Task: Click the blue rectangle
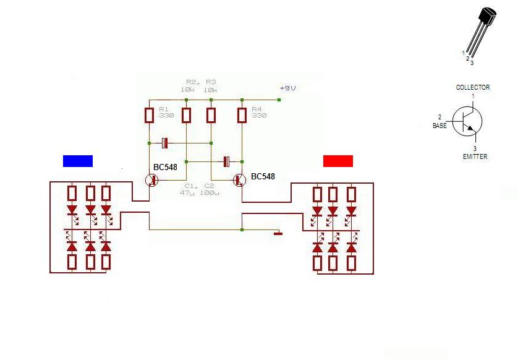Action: tap(78, 161)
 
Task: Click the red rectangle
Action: tap(338, 161)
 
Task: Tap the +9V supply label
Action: tap(287, 88)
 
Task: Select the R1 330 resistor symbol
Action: tap(149, 115)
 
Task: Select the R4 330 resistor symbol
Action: tap(242, 115)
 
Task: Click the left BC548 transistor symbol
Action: tap(151, 180)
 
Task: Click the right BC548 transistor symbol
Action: tap(240, 180)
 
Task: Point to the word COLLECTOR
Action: tap(472, 87)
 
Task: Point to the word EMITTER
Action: tap(475, 157)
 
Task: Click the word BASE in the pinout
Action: tap(439, 126)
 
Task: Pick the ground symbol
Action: tap(278, 234)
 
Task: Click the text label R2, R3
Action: tap(201, 81)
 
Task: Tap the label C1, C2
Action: tap(199, 186)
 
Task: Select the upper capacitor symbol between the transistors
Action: tap(164, 144)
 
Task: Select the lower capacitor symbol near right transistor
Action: tap(226, 161)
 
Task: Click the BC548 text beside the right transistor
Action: tap(263, 177)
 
